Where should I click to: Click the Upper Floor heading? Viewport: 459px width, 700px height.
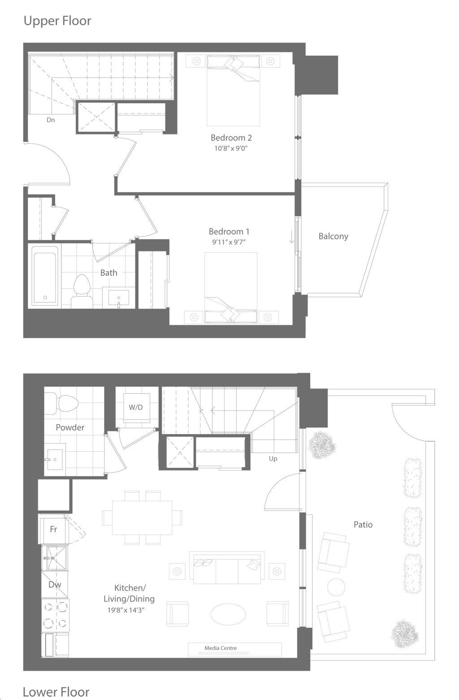(57, 21)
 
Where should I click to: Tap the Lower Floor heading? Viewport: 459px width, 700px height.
(56, 692)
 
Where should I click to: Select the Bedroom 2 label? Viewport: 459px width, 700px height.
(231, 138)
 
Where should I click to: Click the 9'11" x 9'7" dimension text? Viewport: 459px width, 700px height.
(229, 242)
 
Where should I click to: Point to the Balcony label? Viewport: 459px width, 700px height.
(333, 236)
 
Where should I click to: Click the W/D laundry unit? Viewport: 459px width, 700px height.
(136, 407)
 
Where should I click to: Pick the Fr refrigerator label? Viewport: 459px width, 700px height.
(53, 529)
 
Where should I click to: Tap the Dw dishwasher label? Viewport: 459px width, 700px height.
(55, 585)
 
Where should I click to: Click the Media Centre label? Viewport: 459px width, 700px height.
(221, 648)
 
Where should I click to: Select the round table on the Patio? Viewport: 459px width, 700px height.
(336, 587)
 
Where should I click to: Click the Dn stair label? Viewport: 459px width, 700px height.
(51, 120)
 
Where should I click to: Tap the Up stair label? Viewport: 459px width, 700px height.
(273, 459)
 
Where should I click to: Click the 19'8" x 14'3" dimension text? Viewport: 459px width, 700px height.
(126, 610)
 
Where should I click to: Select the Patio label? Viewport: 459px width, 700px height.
(363, 524)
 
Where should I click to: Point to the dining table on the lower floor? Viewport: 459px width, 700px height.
(142, 518)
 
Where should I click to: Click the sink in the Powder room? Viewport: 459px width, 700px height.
(55, 460)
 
